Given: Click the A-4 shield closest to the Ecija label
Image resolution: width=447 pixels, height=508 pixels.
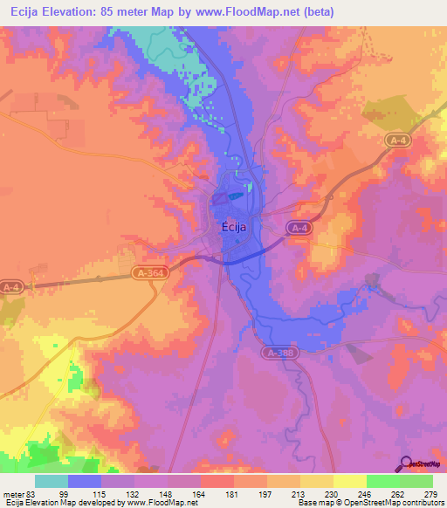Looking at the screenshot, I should (x=299, y=228).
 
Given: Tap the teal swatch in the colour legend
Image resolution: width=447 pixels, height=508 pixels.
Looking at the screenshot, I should (x=51, y=481).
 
